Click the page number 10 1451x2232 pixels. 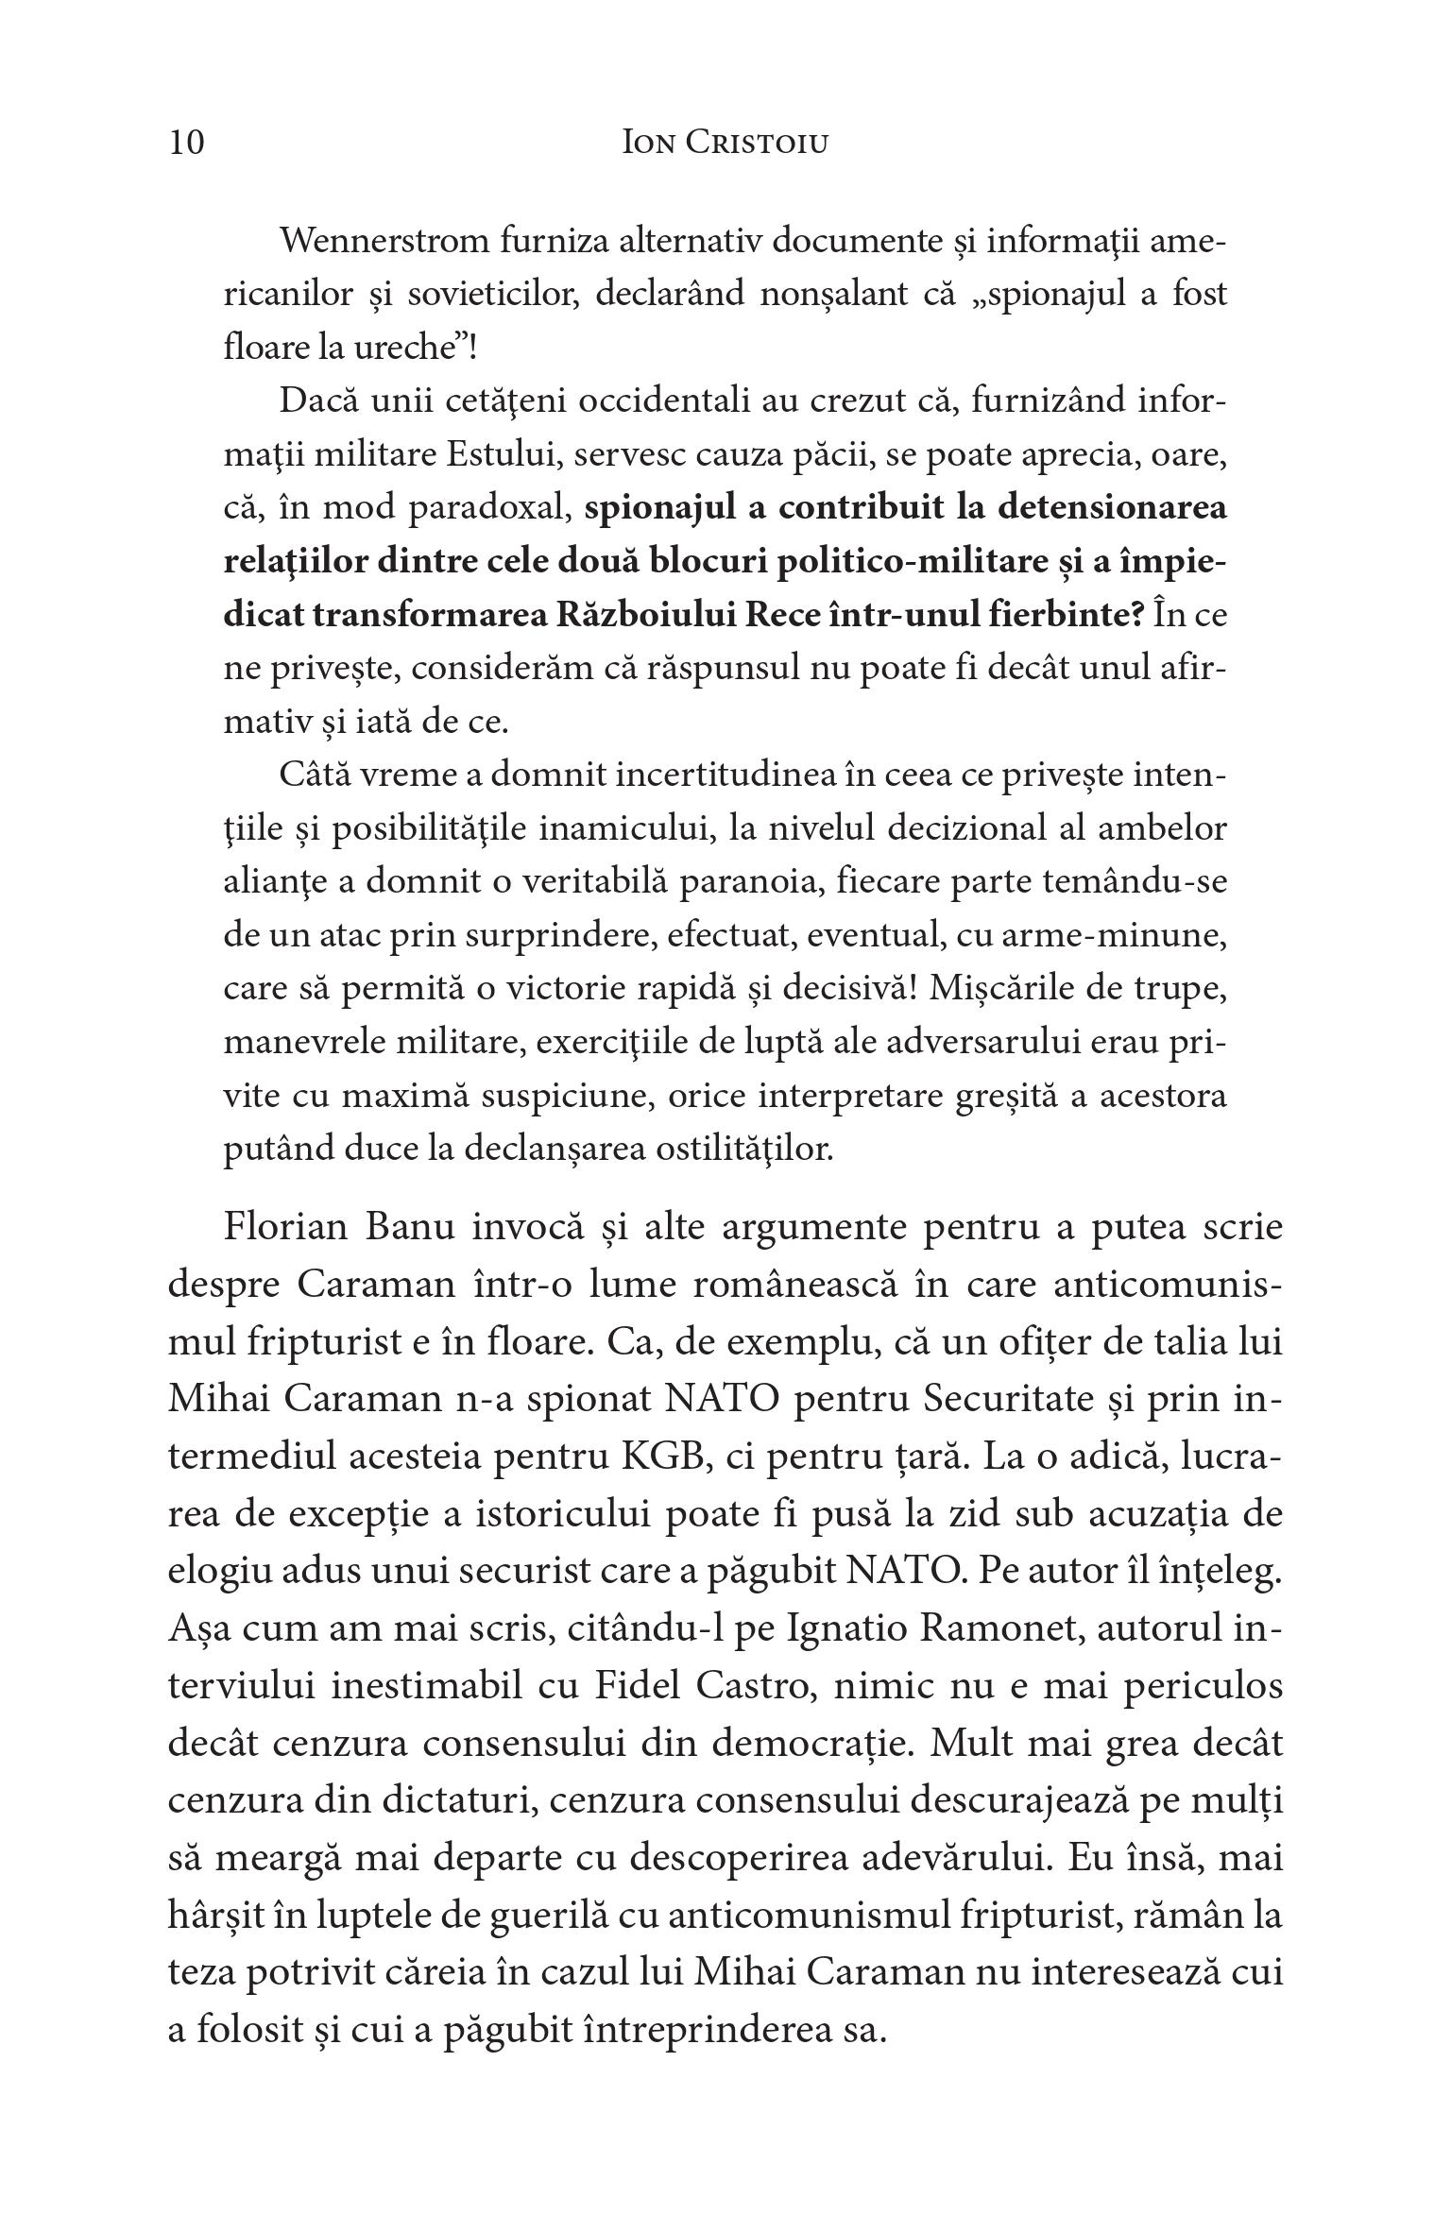[186, 143]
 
